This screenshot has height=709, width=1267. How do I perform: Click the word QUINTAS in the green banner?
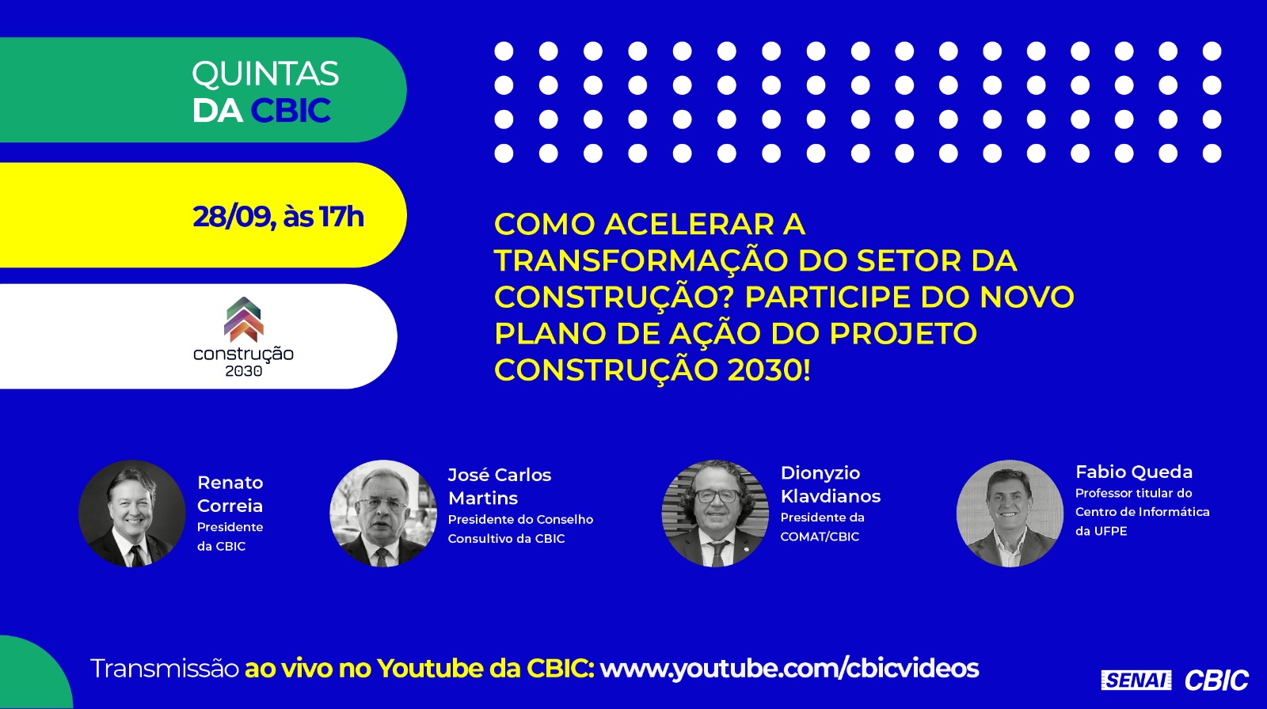click(x=265, y=74)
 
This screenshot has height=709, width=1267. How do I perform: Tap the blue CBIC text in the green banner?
click(x=291, y=110)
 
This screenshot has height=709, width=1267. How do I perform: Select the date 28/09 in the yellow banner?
click(x=232, y=217)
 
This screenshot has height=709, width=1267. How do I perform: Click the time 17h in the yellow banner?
click(x=341, y=217)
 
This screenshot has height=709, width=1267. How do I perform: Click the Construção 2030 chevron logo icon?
click(x=244, y=320)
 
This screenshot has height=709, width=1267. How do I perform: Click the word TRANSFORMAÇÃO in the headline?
click(x=641, y=260)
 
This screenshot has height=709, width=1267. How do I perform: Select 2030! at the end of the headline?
click(x=769, y=370)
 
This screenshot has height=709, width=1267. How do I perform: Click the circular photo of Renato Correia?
click(x=131, y=514)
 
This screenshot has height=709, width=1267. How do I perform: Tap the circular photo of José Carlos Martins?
click(x=383, y=514)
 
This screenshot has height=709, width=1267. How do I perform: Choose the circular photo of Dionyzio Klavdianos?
click(x=715, y=514)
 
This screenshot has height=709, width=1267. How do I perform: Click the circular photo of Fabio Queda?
click(x=1010, y=514)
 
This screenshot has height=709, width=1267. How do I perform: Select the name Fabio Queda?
click(x=1133, y=472)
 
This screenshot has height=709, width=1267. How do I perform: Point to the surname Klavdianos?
click(x=831, y=496)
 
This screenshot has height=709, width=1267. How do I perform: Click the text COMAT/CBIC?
click(x=820, y=536)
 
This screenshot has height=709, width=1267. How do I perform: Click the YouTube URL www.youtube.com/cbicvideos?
click(x=789, y=669)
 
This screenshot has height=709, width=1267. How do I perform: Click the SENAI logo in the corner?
click(x=1136, y=681)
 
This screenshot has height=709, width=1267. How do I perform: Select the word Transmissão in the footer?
click(x=165, y=669)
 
